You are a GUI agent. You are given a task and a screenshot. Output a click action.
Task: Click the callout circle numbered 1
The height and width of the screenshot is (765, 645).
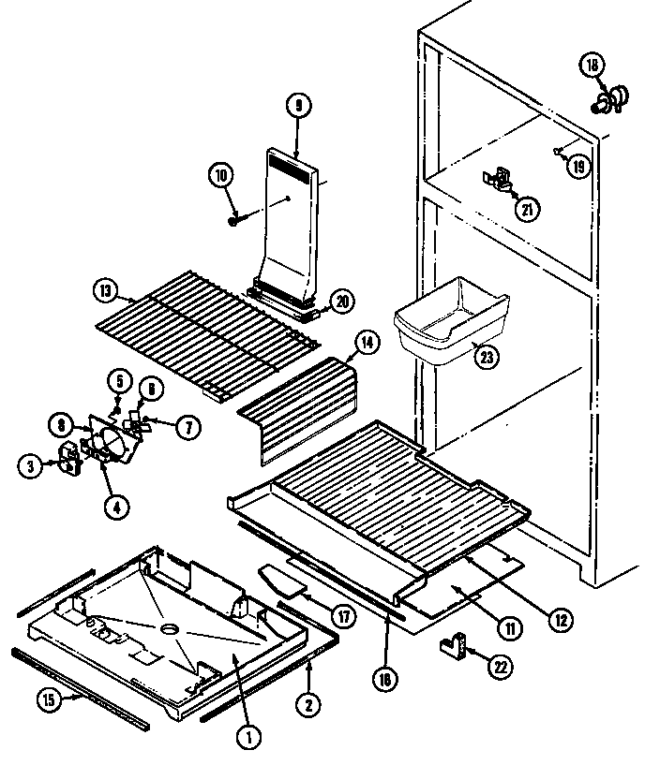pos(247,737)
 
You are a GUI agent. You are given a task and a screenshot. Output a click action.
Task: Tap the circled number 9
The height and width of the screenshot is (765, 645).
pos(297,107)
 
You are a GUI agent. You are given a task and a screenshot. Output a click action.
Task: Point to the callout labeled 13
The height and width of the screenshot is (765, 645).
pos(104,289)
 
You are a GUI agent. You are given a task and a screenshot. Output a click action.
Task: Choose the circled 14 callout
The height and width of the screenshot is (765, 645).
pos(367,344)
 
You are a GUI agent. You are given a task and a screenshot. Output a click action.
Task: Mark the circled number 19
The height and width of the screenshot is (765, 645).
pos(579,166)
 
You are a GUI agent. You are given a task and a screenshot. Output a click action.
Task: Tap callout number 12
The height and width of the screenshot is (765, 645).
pos(562,619)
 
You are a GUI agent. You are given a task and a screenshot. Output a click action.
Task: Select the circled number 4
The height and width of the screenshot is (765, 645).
pos(118,508)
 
